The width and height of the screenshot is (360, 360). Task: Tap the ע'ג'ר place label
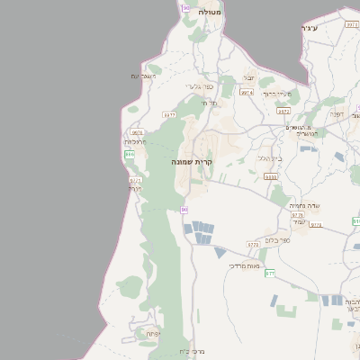310,29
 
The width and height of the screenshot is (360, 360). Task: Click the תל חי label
211,103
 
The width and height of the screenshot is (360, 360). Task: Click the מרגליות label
134,141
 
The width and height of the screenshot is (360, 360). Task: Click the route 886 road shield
130,155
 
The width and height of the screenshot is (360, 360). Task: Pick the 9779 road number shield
253,244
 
